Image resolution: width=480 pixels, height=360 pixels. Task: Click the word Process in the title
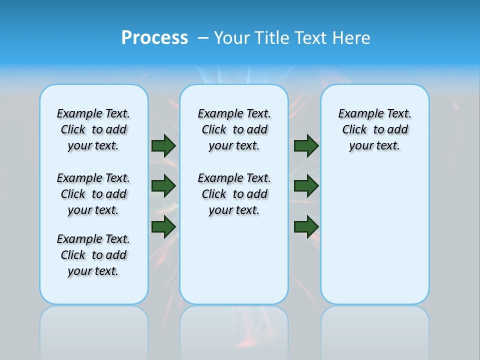point(154,38)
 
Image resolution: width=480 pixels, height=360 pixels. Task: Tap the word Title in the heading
point(273,38)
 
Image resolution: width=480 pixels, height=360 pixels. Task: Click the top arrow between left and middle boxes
point(163,145)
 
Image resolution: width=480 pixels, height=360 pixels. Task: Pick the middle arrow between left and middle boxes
point(163,186)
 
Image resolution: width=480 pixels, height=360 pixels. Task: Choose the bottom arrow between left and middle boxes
point(163,226)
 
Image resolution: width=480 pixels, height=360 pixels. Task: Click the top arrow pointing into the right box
point(306,145)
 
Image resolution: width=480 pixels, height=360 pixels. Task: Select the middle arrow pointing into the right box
point(306,186)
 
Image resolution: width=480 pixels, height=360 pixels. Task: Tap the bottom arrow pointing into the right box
point(306,226)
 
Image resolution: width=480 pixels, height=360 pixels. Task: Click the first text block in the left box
point(93,129)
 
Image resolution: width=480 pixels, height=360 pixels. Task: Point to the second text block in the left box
point(93,194)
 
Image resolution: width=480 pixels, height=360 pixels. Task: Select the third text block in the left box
point(93,255)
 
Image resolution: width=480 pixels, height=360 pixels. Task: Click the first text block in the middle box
point(234,129)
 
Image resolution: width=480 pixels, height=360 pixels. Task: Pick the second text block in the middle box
point(234,194)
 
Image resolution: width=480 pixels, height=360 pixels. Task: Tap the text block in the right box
point(375,129)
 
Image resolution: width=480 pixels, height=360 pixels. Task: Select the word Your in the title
point(233,38)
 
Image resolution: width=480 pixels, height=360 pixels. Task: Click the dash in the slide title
point(203,38)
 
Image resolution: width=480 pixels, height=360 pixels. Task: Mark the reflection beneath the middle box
point(234,330)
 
